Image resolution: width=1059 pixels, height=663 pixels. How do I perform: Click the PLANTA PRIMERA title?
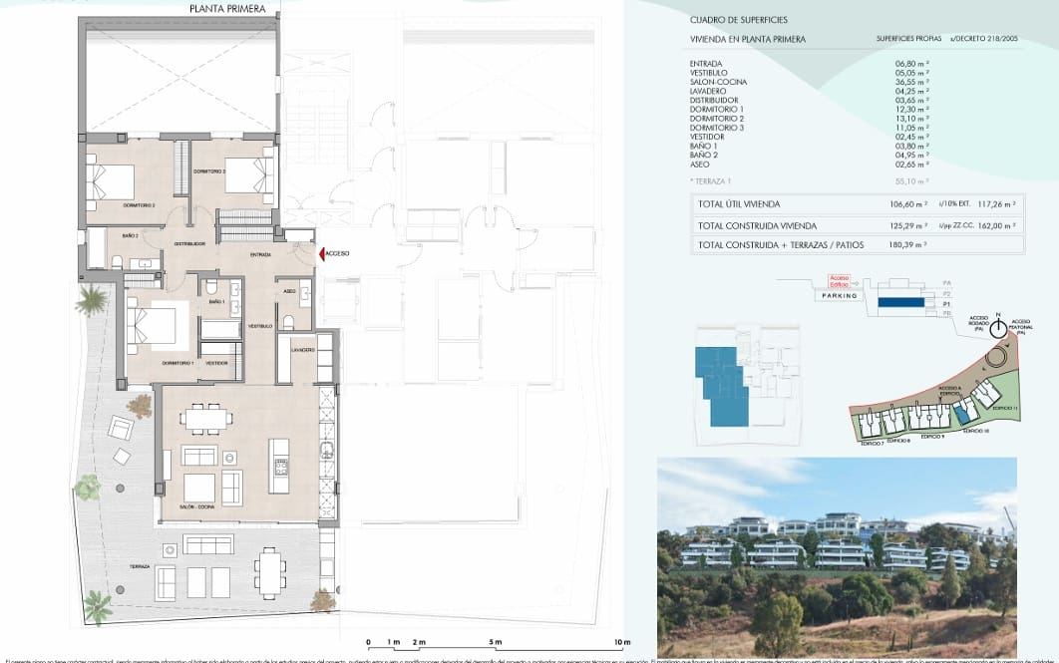pyautogui.click(x=227, y=9)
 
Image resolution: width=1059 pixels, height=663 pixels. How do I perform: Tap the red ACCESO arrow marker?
pyautogui.click(x=321, y=254)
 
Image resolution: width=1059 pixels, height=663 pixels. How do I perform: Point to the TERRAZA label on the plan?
pyautogui.click(x=140, y=566)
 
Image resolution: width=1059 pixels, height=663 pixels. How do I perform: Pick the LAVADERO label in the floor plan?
pyautogui.click(x=303, y=350)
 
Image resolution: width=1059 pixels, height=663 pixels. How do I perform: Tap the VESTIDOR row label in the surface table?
pyautogui.click(x=708, y=137)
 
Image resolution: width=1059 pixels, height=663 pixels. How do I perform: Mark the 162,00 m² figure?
pyautogui.click(x=996, y=224)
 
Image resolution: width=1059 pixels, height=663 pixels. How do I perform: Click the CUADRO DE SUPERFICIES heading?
pyautogui.click(x=739, y=20)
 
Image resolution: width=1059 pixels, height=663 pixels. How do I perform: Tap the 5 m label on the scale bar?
pyautogui.click(x=496, y=642)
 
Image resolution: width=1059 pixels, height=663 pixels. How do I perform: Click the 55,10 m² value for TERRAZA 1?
pyautogui.click(x=911, y=182)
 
